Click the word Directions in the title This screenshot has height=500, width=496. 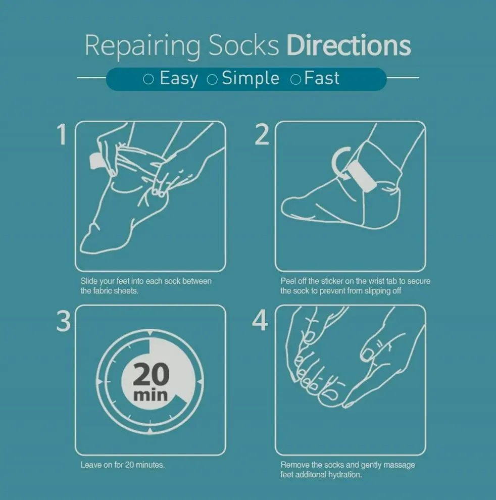(349, 45)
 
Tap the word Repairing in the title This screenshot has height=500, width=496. (143, 46)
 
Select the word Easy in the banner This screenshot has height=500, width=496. (178, 79)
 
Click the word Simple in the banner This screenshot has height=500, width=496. (251, 79)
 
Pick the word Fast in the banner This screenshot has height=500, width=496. (322, 79)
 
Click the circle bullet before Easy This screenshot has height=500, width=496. (148, 80)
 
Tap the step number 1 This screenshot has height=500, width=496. (62, 135)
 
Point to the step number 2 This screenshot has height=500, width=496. (262, 135)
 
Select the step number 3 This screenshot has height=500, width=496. (63, 321)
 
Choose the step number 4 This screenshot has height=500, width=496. (260, 321)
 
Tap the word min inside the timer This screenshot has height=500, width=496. (151, 394)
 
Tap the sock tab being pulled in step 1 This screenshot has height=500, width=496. (96, 160)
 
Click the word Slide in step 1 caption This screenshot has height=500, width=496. (89, 281)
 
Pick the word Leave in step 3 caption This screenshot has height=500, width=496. (91, 465)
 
